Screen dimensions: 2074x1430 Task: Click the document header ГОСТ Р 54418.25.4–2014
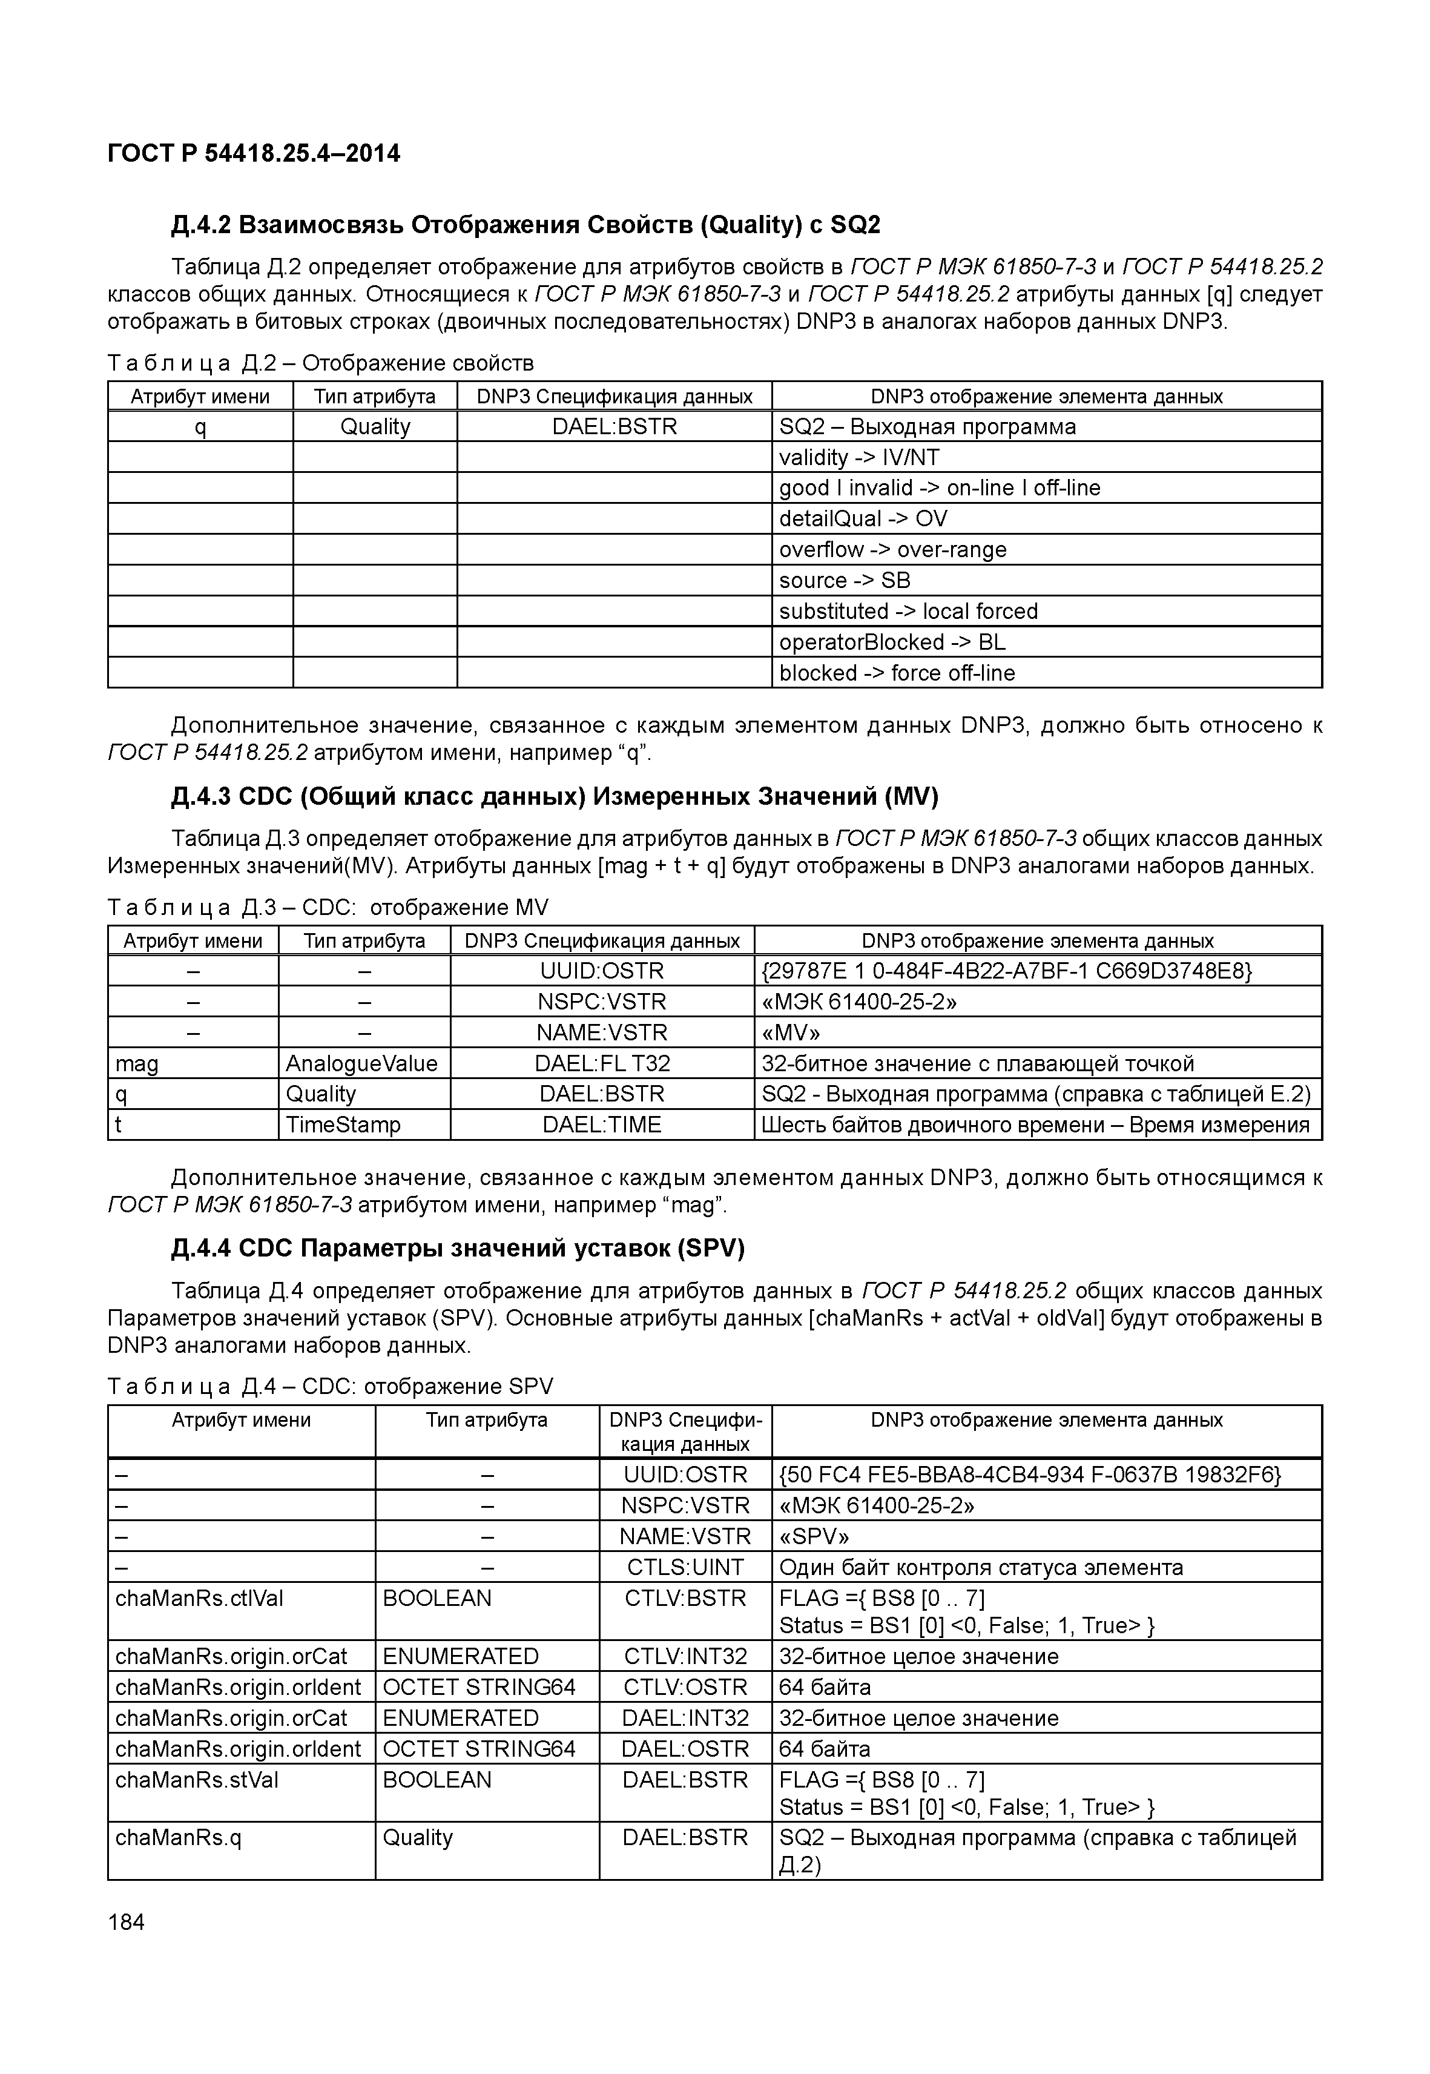point(254,153)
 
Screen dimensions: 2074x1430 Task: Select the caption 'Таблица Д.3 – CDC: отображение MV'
point(328,907)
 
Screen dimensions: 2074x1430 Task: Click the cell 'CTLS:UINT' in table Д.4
point(685,1567)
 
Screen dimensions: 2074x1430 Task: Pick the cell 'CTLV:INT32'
point(685,1656)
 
